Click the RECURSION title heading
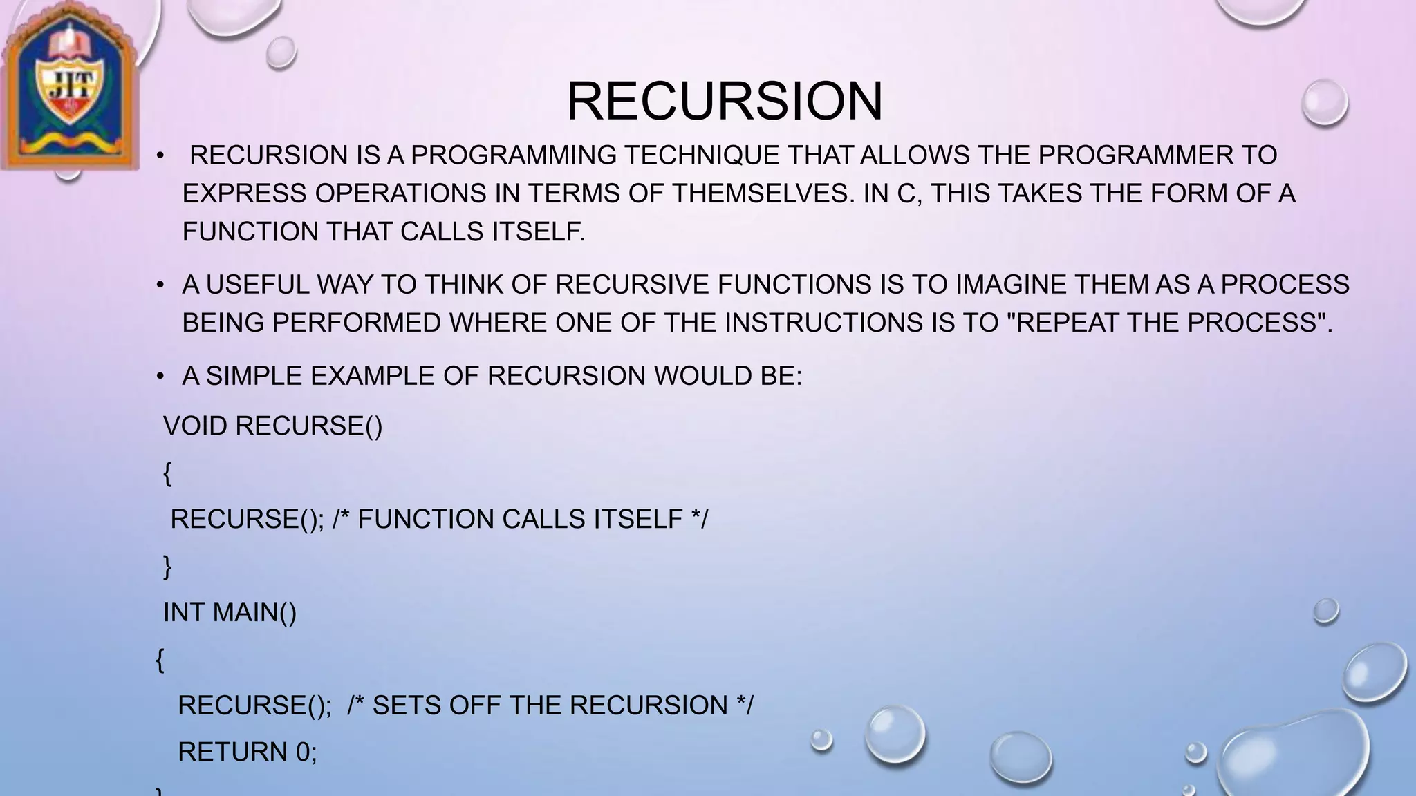coord(725,102)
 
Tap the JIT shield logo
coord(69,86)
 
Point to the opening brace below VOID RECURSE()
coord(167,474)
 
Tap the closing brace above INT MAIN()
coord(167,567)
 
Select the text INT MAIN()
coord(230,612)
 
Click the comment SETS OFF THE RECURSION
coord(550,705)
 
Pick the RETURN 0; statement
coord(247,752)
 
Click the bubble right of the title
coord(1324,103)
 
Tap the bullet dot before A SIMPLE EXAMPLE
coord(160,377)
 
